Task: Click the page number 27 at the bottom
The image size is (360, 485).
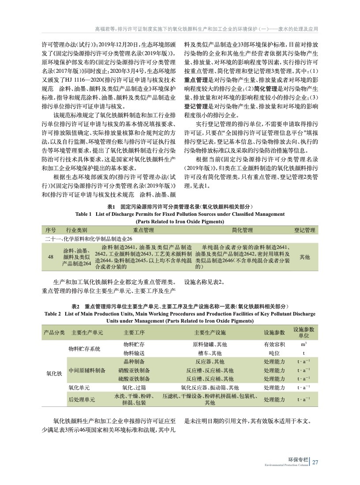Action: tap(315, 462)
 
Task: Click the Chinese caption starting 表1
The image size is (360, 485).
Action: tap(180, 207)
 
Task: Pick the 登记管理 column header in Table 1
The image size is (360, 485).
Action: tap(304, 230)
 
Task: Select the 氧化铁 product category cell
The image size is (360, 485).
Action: tap(54, 373)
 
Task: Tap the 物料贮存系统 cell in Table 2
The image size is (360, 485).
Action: tap(84, 349)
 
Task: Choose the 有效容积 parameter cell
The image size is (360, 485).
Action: tap(274, 344)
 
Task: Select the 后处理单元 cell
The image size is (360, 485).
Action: tap(82, 399)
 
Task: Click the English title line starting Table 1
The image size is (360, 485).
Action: tap(180, 214)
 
